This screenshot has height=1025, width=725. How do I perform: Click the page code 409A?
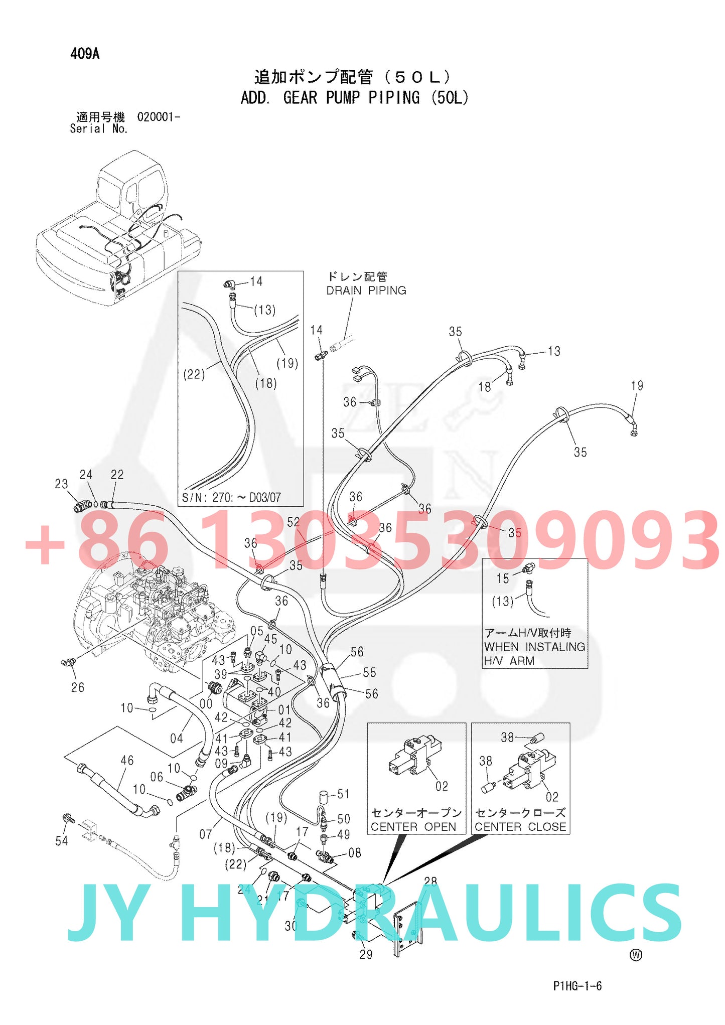pyautogui.click(x=85, y=54)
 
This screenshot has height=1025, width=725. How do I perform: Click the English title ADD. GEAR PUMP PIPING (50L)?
pyautogui.click(x=354, y=97)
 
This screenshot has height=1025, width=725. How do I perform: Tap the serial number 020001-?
pyautogui.click(x=159, y=117)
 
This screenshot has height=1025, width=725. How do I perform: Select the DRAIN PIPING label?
pyautogui.click(x=366, y=290)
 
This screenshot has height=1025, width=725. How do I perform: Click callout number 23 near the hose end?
pyautogui.click(x=61, y=484)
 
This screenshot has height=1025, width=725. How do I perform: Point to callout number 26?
pyautogui.click(x=77, y=687)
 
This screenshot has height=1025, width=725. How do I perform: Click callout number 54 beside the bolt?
pyautogui.click(x=61, y=841)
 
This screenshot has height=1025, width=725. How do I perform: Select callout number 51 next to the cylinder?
pyautogui.click(x=343, y=794)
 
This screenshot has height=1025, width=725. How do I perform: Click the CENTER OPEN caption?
pyautogui.click(x=413, y=826)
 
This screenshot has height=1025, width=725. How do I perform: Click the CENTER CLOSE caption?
pyautogui.click(x=520, y=826)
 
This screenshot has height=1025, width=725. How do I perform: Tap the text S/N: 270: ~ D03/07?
pyautogui.click(x=231, y=497)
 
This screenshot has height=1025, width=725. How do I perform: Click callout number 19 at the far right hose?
pyautogui.click(x=637, y=385)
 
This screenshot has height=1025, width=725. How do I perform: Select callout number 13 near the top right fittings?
pyautogui.click(x=554, y=351)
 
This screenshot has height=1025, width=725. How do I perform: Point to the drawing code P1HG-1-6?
pyautogui.click(x=577, y=986)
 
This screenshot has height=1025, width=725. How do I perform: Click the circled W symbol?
pyautogui.click(x=636, y=955)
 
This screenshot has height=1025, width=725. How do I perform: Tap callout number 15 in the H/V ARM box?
pyautogui.click(x=502, y=578)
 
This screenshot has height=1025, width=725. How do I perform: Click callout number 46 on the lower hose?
pyautogui.click(x=127, y=761)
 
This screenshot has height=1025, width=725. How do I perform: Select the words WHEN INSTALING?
pyautogui.click(x=534, y=647)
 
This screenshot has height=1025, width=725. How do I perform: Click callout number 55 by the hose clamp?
pyautogui.click(x=369, y=672)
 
